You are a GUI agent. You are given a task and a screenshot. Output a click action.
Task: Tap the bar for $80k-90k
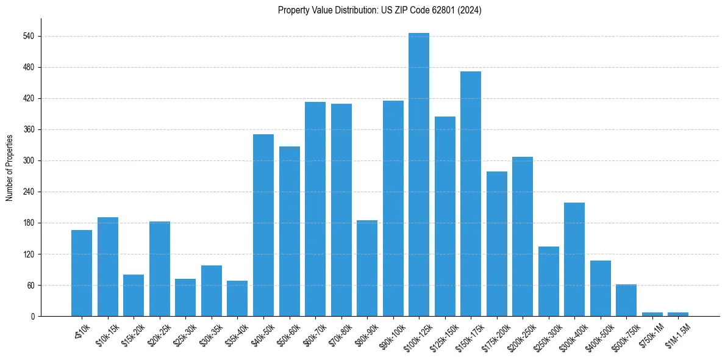(x=366, y=268)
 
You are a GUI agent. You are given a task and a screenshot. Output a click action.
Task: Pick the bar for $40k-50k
(x=263, y=225)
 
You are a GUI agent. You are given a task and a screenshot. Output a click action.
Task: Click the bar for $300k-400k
(x=574, y=259)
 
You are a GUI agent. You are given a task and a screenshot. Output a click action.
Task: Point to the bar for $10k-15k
(x=107, y=267)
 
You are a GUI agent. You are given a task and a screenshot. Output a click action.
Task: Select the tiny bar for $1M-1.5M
(x=677, y=314)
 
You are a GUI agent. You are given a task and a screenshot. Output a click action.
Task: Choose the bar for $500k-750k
(x=626, y=300)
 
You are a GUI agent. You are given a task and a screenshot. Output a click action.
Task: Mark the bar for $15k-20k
(x=134, y=295)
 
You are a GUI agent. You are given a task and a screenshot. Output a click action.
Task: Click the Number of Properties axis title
(x=9, y=167)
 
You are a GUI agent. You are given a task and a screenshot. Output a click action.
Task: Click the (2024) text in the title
(x=470, y=10)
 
